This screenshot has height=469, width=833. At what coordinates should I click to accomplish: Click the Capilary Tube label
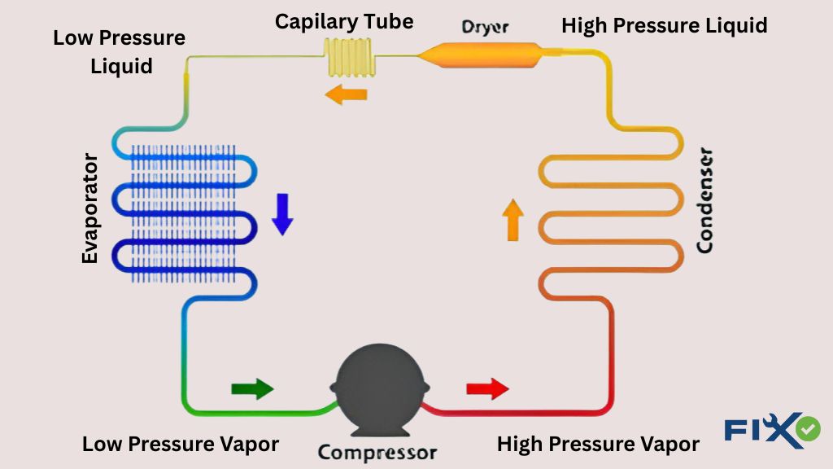point(344,21)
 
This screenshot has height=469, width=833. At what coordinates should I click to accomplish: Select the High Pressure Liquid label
point(664,25)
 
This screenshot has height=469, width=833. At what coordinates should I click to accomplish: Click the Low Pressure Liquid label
point(120,51)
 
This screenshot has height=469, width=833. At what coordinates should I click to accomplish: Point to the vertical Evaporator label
point(89,208)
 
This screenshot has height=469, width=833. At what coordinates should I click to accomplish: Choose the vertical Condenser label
point(704,200)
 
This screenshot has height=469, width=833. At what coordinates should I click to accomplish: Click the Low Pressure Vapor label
point(181,444)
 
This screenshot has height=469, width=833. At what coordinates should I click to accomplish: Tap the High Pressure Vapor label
point(598,444)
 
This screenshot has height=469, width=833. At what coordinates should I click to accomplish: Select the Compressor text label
point(377,452)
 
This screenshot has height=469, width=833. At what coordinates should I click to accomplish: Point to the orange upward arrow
point(512,220)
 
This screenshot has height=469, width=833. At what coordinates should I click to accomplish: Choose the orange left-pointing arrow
point(346,94)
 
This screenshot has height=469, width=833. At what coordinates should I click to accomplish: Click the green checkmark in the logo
point(808,429)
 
